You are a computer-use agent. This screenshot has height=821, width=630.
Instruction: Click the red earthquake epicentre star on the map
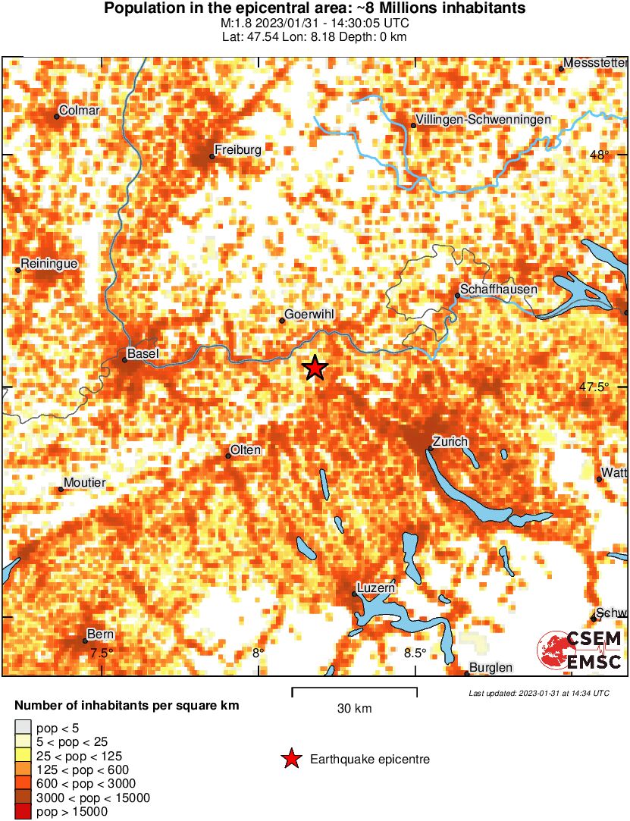tap(315, 368)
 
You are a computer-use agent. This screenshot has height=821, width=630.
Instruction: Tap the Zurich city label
tap(450, 441)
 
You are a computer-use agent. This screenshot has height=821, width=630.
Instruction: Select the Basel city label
tap(143, 353)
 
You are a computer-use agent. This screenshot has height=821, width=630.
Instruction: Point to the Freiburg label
tap(238, 150)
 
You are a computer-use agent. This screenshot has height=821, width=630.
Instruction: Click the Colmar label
tap(79, 111)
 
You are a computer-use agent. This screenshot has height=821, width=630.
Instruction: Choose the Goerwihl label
tap(309, 315)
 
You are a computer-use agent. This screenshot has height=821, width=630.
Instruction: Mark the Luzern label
tap(377, 588)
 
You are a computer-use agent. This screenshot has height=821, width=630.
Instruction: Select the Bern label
tap(101, 634)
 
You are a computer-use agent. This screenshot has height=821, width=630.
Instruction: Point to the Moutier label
tap(85, 483)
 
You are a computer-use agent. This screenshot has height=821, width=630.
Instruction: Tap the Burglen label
tap(491, 667)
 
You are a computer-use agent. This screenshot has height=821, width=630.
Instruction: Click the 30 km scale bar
tap(354, 689)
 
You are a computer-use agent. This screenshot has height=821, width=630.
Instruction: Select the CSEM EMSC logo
tap(580, 650)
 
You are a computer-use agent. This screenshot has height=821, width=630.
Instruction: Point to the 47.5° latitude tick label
tap(594, 387)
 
